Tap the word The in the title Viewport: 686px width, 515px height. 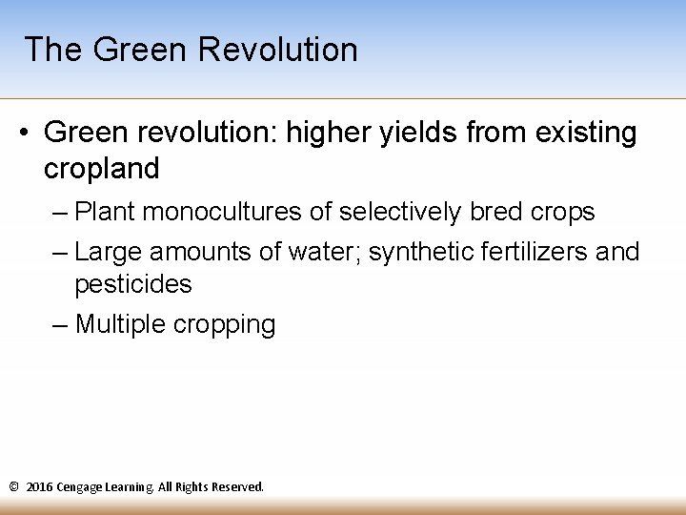pos(52,50)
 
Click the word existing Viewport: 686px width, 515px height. pos(586,134)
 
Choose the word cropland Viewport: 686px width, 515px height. pos(101,169)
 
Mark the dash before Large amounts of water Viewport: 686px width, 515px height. pos(60,252)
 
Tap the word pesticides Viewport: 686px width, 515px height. pos(132,284)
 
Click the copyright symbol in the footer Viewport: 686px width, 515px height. pos(13,487)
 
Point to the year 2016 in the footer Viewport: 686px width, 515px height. pos(39,487)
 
